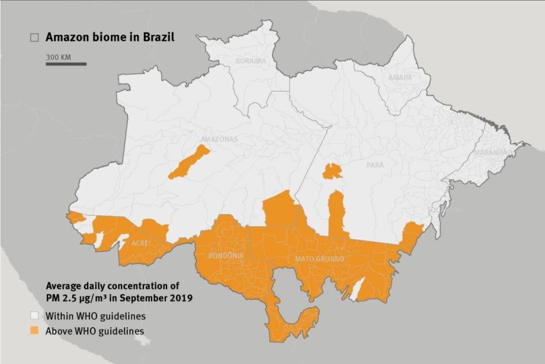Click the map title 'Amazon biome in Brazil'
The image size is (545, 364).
click(109, 37)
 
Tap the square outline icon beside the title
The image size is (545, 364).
click(35, 37)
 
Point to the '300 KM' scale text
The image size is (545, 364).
click(58, 57)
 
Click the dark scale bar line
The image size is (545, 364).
click(66, 63)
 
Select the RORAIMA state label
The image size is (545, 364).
click(251, 61)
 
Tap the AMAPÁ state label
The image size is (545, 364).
click(400, 77)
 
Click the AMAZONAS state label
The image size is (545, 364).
click(218, 139)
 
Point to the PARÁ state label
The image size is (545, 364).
click(374, 165)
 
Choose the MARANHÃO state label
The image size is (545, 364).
click(493, 153)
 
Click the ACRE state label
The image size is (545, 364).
click(141, 243)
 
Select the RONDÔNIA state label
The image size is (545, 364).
click(225, 256)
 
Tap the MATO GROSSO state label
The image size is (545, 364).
click(319, 259)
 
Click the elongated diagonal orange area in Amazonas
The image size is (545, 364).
click(189, 162)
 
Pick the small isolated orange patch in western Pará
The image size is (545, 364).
click(332, 171)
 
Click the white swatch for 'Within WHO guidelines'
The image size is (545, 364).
click(35, 316)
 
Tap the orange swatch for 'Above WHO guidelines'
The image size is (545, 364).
click(35, 331)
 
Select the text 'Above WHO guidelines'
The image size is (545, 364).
click(95, 331)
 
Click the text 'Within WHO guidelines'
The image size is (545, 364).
click(96, 316)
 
